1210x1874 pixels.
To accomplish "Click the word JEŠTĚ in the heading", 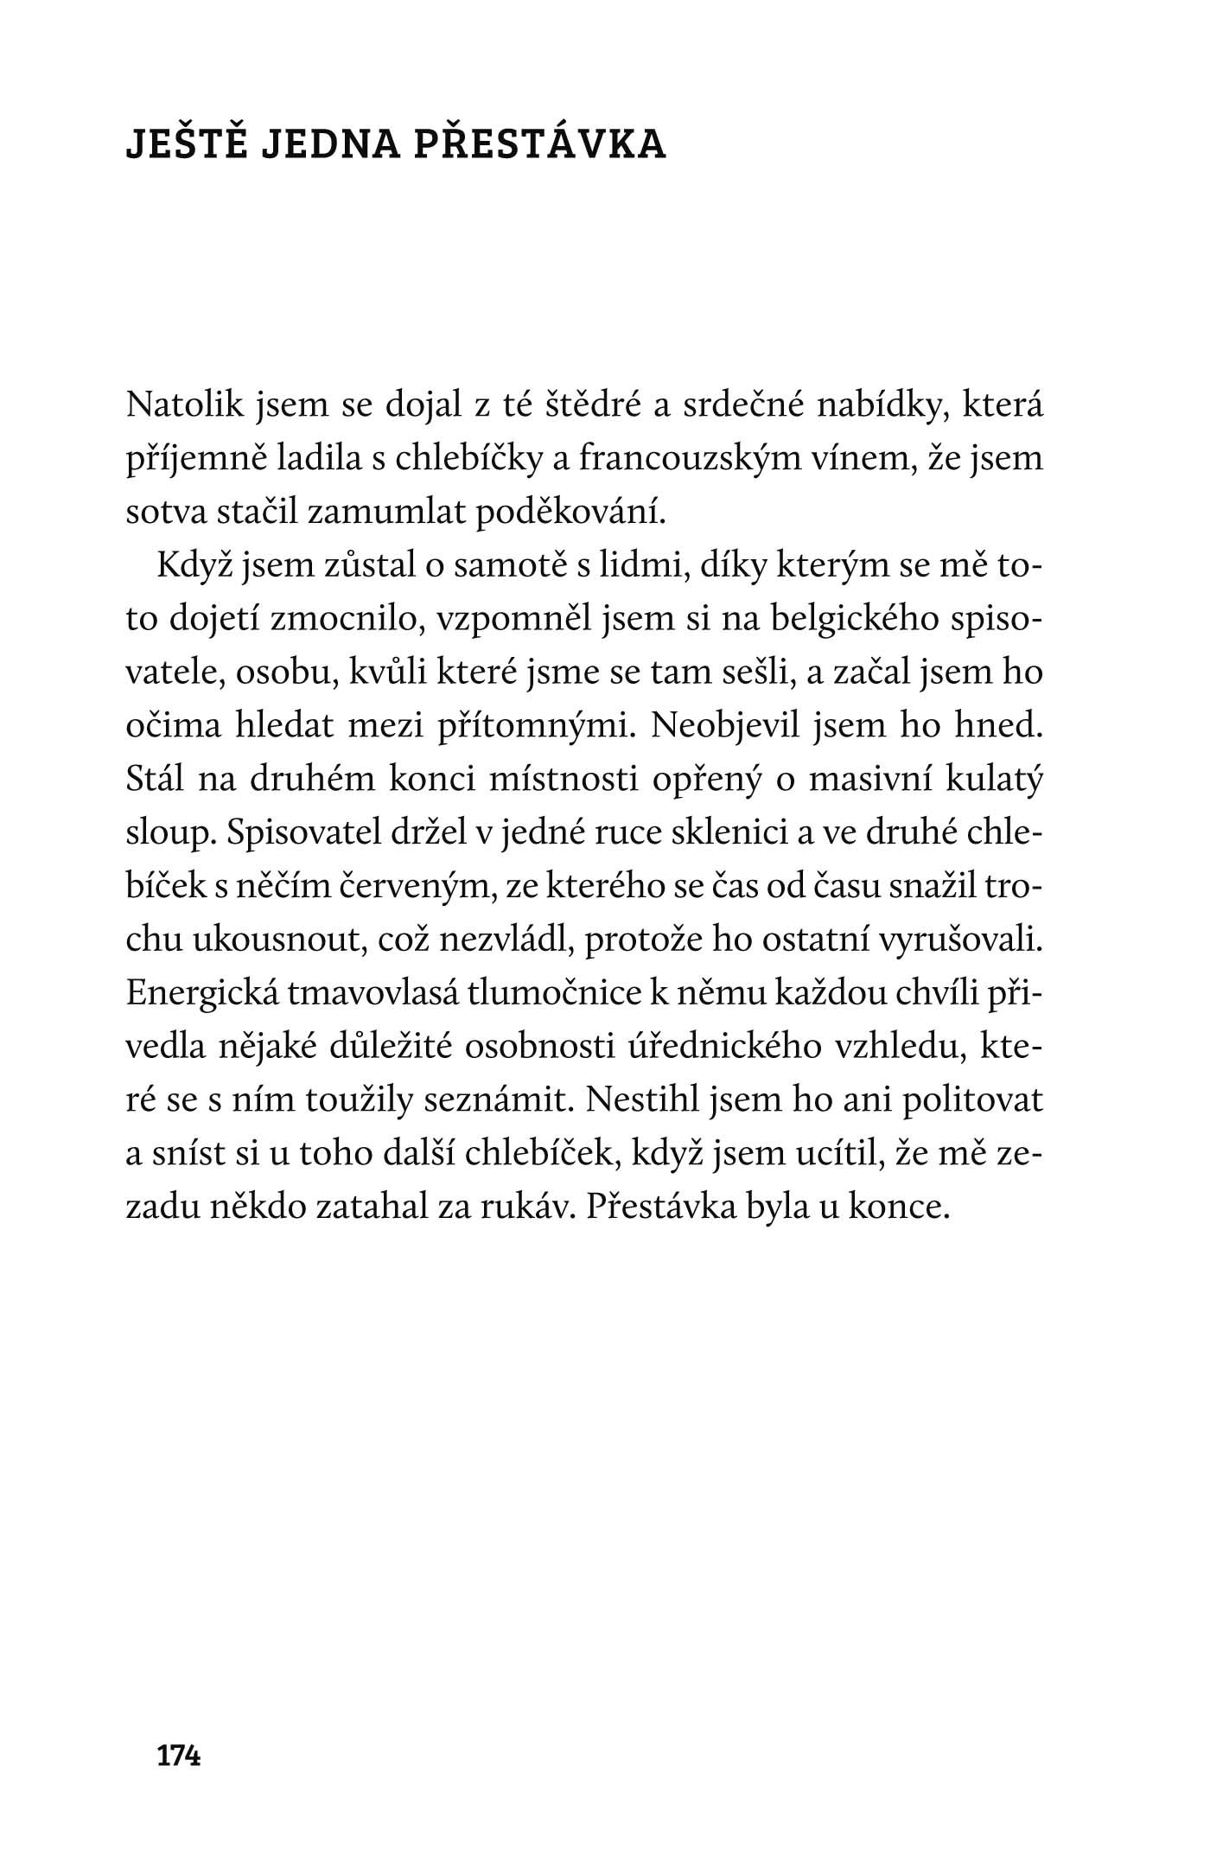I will [x=182, y=145].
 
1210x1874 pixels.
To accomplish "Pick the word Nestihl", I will [x=640, y=1101].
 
